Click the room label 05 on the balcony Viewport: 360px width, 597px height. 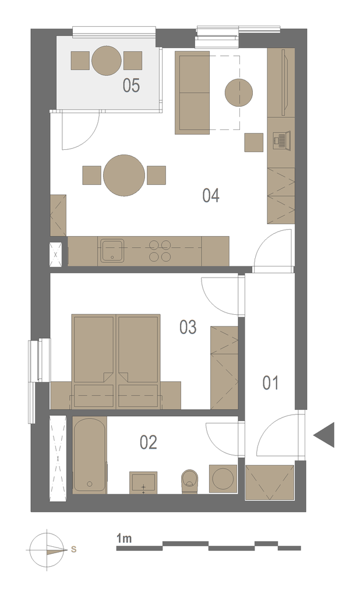pos(131,85)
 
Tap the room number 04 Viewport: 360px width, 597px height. pos(211,196)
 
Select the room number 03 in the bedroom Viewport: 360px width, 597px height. pos(188,328)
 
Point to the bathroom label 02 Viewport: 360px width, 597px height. pos(149,443)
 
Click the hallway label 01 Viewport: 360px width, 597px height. pos(270,383)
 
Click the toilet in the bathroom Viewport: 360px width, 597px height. pos(190,481)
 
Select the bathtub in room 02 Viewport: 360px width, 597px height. pos(90,454)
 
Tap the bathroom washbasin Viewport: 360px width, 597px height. pos(143,483)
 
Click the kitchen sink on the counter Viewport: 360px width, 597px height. pos(112,251)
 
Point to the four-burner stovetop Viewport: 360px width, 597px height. pos(160,251)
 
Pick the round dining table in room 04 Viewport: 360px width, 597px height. pos(124,175)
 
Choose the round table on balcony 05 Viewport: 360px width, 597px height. pos(107,61)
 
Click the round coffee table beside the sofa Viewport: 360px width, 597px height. pos(239,93)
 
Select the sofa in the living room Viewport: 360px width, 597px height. pos(192,93)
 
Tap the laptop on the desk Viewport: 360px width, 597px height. pos(281,140)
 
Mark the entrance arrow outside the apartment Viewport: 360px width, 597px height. pos(324,435)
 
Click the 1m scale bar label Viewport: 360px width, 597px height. pos(124,539)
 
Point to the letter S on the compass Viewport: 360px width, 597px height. pos(74,549)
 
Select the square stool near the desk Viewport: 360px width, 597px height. pos(254,142)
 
